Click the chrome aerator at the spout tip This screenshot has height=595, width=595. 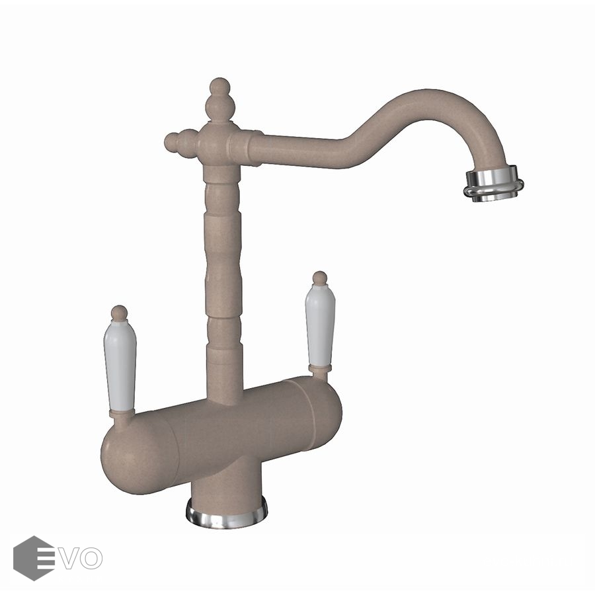click(x=493, y=184)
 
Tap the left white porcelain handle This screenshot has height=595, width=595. click(x=120, y=366)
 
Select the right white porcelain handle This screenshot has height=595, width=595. click(x=320, y=325)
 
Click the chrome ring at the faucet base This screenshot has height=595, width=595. click(x=227, y=514)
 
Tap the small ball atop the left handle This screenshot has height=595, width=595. click(x=120, y=313)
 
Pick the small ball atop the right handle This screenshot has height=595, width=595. click(x=320, y=278)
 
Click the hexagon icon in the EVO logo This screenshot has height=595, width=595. click(x=34, y=558)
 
